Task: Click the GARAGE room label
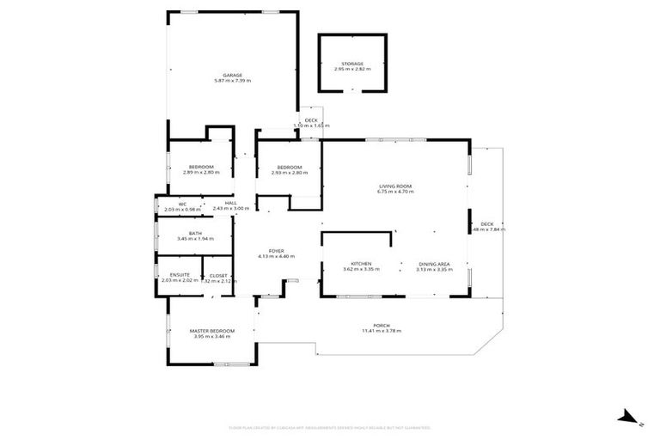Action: (x=232, y=76)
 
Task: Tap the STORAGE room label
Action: (x=352, y=64)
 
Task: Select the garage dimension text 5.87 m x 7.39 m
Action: (x=232, y=82)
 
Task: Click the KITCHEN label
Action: (x=360, y=264)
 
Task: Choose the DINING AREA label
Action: (x=433, y=264)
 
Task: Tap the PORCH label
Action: (x=382, y=325)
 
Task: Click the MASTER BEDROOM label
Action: (x=211, y=330)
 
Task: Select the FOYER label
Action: (x=276, y=250)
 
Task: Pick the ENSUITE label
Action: (x=172, y=275)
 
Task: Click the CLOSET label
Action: (x=217, y=275)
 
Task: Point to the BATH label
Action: (x=195, y=232)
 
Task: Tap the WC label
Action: (x=182, y=204)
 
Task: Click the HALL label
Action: (x=230, y=203)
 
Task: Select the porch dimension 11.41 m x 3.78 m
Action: (x=382, y=331)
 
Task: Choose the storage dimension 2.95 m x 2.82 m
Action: (x=352, y=69)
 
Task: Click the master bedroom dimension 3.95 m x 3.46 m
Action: (x=211, y=336)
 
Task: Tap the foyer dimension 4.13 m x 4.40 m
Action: (x=276, y=256)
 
